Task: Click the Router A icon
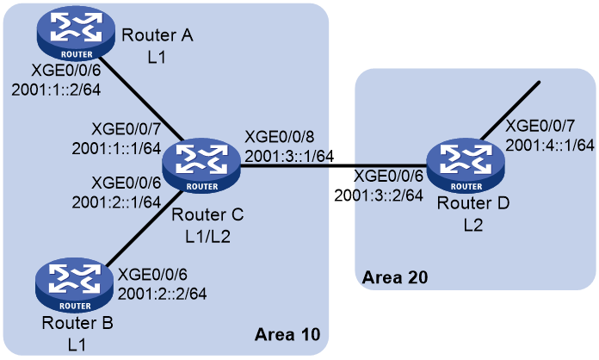click(x=76, y=34)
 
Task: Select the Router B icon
click(x=75, y=285)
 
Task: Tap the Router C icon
click(x=201, y=165)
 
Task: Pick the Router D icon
click(x=466, y=165)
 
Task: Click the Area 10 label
click(x=287, y=334)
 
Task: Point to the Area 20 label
click(x=395, y=277)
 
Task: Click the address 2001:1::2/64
click(x=56, y=90)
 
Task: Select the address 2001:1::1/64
click(x=116, y=149)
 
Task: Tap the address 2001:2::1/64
click(x=116, y=202)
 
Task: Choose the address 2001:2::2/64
click(x=163, y=294)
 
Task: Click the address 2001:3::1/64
click(x=289, y=156)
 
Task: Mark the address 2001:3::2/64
click(x=379, y=196)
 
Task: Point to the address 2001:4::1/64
click(x=550, y=146)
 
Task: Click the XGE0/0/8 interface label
click(x=280, y=137)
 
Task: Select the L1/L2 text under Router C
click(x=207, y=237)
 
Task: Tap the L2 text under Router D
click(x=473, y=226)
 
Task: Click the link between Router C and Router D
click(x=334, y=166)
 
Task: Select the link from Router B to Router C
click(x=145, y=228)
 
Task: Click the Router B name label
click(x=77, y=323)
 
